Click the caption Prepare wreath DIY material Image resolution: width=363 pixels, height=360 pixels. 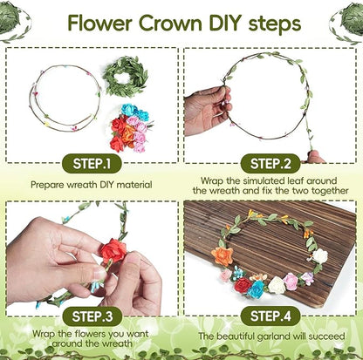[x=91, y=185]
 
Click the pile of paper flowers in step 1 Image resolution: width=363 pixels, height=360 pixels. [x=129, y=129]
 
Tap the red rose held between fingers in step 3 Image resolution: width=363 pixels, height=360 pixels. [x=111, y=252]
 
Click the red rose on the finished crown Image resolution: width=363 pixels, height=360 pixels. [x=243, y=284]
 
